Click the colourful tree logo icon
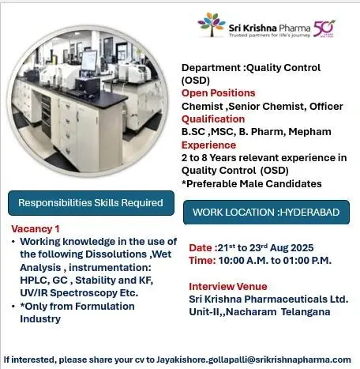212,24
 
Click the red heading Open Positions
218,93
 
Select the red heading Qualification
213,119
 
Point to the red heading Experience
208,145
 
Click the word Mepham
309,132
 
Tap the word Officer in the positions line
326,107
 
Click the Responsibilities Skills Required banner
91,203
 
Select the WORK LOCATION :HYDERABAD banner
266,213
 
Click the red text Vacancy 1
36,229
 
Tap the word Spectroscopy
84,293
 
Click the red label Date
201,248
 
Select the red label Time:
202,261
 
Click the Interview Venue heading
228,287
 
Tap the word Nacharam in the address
251,312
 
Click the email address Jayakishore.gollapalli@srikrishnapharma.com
253,360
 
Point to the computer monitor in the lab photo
89,61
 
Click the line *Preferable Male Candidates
252,184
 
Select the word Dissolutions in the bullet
116,254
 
